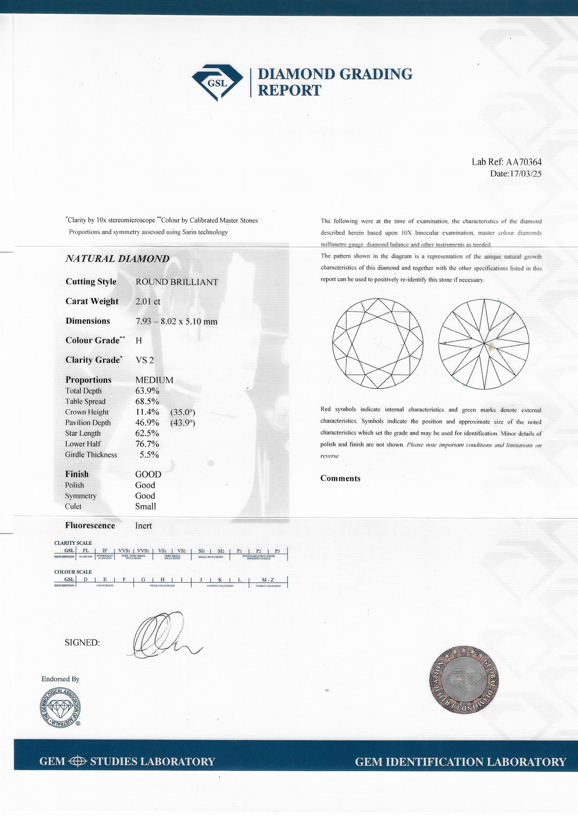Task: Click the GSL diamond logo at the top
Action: [217, 83]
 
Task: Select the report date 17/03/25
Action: [525, 174]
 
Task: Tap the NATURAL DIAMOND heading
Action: [117, 259]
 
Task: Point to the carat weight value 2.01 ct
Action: [148, 302]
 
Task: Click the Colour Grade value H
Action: [139, 341]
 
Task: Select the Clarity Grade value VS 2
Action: [144, 360]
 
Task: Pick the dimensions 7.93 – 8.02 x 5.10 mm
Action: [176, 322]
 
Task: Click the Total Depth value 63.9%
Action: [147, 391]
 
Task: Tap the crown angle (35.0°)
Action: [182, 412]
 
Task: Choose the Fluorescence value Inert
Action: [143, 526]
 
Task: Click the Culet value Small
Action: [146, 506]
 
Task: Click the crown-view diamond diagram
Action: [378, 343]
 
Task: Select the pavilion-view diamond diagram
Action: [484, 343]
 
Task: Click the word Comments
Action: [340, 479]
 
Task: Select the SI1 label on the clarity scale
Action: [201, 551]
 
